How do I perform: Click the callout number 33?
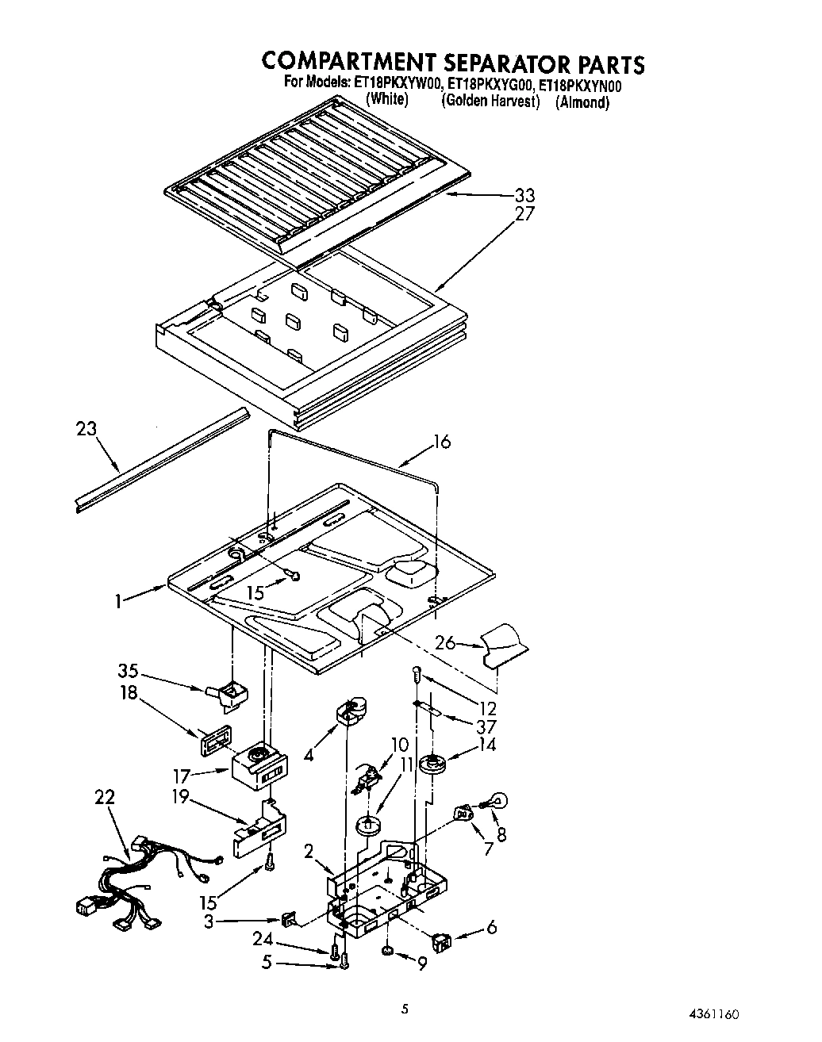(524, 196)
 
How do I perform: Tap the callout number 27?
(524, 213)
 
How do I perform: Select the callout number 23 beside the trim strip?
(86, 429)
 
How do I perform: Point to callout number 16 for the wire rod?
(441, 442)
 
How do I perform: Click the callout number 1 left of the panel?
(117, 602)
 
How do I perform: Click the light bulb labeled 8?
(500, 801)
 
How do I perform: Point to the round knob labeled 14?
(433, 764)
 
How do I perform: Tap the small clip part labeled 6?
(441, 942)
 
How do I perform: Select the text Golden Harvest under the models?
(491, 102)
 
